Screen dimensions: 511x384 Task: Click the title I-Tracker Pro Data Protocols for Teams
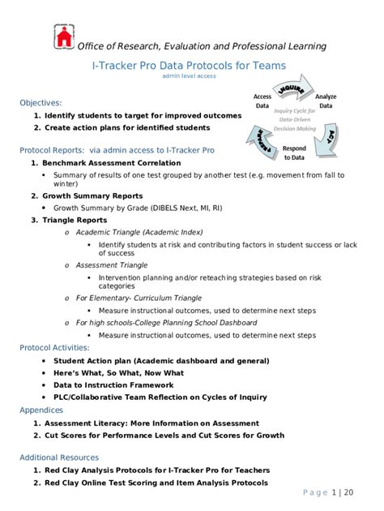[191, 65]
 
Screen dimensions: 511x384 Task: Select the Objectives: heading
[41, 103]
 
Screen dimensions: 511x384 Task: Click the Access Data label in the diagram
[262, 101]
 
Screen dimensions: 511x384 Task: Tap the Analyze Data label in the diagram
[326, 101]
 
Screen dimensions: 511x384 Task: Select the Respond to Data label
[294, 152]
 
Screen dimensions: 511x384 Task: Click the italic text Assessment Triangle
[112, 264]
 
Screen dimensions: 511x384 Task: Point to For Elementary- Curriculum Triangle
[139, 298]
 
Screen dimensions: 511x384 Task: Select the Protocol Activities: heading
[55, 348]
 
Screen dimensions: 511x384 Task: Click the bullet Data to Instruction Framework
[113, 385]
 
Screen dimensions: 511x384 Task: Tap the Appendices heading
[41, 410]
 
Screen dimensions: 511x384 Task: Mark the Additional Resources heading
[59, 457]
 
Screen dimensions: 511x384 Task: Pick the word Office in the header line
[93, 46]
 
